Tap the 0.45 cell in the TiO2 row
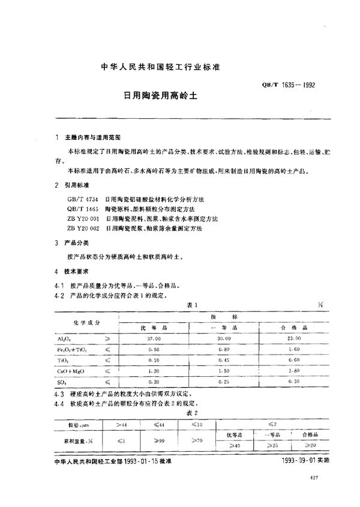click(x=224, y=359)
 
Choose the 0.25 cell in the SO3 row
click(x=224, y=381)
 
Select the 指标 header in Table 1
click(x=224, y=316)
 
